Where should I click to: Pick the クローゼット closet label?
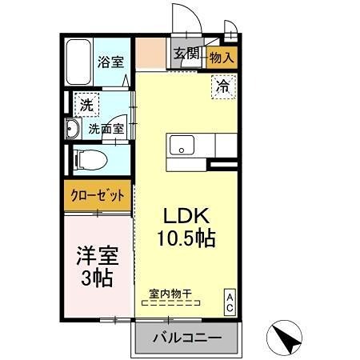coord(96,194)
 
